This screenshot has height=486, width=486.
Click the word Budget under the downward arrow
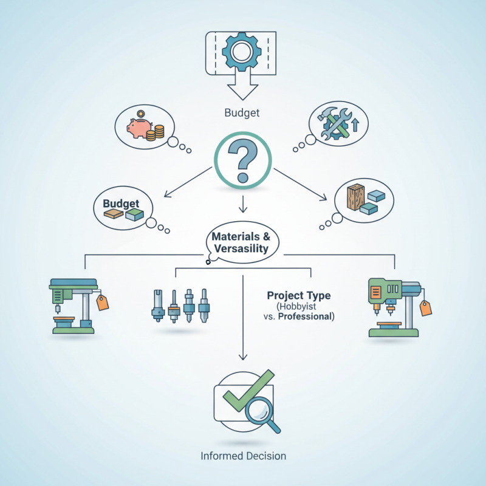[x=242, y=112]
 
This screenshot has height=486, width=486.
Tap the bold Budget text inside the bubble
[x=122, y=204]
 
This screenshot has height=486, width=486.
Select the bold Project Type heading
[x=299, y=295]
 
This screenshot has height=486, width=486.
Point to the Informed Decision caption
[x=243, y=456]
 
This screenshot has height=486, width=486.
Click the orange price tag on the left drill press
[x=103, y=303]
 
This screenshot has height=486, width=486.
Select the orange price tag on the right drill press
[x=426, y=307]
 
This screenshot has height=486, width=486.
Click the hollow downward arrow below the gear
[x=242, y=91]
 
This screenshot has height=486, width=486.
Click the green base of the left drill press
[x=73, y=330]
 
